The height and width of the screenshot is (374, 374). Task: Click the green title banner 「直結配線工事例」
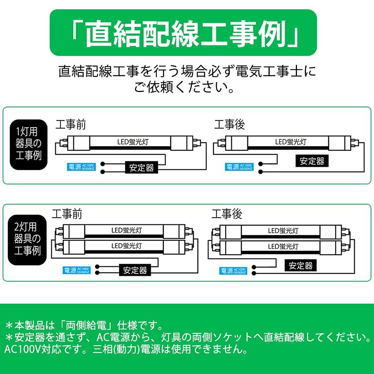click(x=183, y=33)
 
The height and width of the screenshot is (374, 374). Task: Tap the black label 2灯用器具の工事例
click(x=27, y=239)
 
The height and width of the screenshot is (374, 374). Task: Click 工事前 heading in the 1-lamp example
click(x=71, y=125)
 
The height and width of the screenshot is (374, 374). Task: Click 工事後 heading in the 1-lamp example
click(x=229, y=125)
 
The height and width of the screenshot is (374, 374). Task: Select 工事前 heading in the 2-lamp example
click(x=67, y=214)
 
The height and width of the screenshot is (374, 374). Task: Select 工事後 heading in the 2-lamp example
click(x=227, y=214)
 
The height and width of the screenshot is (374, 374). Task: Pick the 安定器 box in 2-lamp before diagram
click(x=135, y=270)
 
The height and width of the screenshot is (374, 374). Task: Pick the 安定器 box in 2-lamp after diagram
click(x=301, y=265)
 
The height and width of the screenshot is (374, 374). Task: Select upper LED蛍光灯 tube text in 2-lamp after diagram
click(x=283, y=231)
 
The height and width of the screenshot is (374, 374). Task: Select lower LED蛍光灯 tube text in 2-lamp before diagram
click(x=126, y=246)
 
